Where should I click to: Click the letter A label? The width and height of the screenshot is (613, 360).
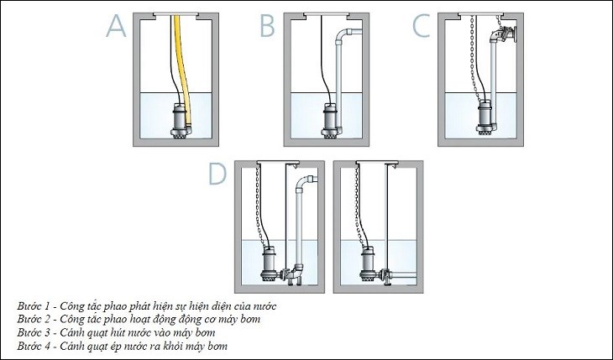[116, 26]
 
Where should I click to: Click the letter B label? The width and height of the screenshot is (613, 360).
[268, 26]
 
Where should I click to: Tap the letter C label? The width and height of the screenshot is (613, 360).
[422, 26]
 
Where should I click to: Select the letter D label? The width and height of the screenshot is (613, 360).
[217, 174]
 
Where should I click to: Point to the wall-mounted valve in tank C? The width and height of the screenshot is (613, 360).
[505, 34]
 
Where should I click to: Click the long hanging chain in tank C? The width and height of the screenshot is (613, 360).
[474, 59]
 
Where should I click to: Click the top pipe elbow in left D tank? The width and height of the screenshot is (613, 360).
[304, 183]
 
